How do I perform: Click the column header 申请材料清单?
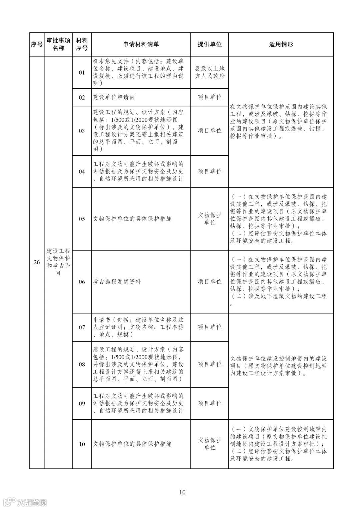tap(141, 44)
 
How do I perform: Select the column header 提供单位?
tap(209, 44)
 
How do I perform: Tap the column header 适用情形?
tap(281, 44)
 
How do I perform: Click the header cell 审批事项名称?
tap(58, 44)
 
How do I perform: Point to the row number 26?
tap(37, 262)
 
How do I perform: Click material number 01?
tap(82, 72)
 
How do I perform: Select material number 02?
tap(82, 97)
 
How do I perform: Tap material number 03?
tap(82, 131)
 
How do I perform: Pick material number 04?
tap(82, 171)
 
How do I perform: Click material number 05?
tap(82, 219)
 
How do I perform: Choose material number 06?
tap(82, 282)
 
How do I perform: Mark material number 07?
tap(82, 327)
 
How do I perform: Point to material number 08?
tap(82, 364)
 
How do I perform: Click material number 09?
tap(82, 403)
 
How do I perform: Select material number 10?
tap(82, 444)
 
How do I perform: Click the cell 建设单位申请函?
tap(114, 97)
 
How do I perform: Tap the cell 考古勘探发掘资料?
tap(117, 282)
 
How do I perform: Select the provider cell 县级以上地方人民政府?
tap(209, 72)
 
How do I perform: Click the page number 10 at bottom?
tap(182, 492)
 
